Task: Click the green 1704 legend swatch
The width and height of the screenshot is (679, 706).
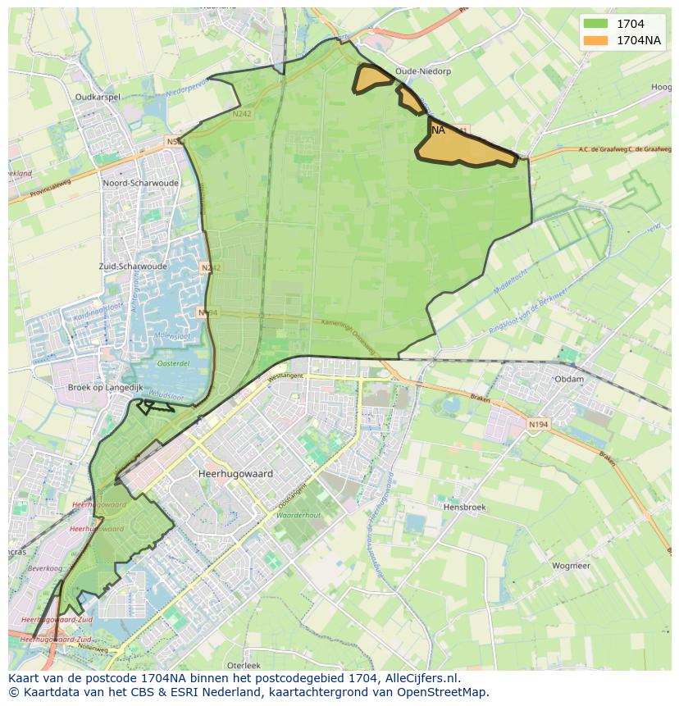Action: (x=596, y=24)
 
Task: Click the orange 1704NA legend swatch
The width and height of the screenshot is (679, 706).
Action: (x=596, y=40)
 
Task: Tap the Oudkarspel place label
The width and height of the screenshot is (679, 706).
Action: (x=98, y=97)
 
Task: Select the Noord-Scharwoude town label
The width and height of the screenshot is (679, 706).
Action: (x=135, y=184)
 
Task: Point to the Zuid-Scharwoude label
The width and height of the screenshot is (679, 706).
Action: (x=132, y=266)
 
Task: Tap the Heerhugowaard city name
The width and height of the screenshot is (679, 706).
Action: (x=235, y=474)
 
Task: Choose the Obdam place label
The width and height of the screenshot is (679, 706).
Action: (x=569, y=380)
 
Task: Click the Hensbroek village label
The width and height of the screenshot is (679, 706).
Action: (x=464, y=508)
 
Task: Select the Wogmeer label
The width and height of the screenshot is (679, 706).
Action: (x=571, y=566)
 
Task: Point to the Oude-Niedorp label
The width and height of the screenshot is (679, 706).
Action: (x=422, y=71)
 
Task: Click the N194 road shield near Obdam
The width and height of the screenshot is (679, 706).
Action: (x=538, y=424)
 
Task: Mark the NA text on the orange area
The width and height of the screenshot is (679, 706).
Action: (x=438, y=130)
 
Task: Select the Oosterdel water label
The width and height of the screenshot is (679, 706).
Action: (x=173, y=363)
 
